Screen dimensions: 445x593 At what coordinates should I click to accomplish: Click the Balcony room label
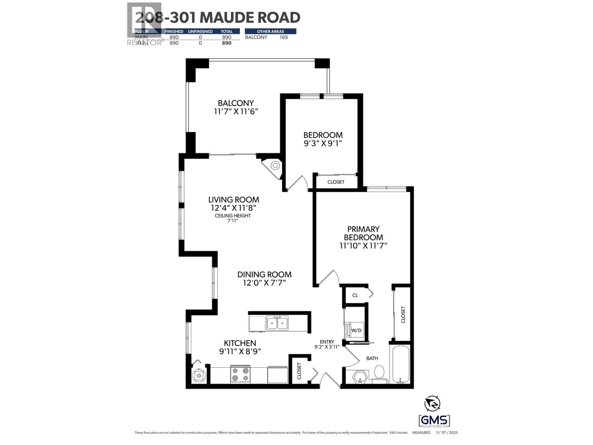pos(236,103)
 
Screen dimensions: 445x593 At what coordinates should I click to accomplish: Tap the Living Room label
pos(233,200)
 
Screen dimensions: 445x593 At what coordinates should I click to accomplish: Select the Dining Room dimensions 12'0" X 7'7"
pos(264,283)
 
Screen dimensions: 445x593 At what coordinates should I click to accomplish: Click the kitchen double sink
pos(277,323)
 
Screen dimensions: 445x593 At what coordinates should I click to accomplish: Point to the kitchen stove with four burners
pos(240,374)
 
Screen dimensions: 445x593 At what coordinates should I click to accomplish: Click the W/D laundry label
pos(356,330)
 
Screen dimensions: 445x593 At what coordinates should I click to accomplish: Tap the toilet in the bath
pos(379,372)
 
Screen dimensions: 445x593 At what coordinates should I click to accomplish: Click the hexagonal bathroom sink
pos(360,377)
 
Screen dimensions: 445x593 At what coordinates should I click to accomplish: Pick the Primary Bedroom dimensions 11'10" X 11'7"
pos(363,245)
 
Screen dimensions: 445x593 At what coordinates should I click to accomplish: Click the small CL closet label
pos(355,296)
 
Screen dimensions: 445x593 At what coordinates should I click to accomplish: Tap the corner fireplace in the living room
pos(274,166)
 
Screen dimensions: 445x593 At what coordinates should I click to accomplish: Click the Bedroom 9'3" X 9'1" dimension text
pos(323,144)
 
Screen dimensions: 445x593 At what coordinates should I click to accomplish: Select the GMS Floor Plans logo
pos(434,422)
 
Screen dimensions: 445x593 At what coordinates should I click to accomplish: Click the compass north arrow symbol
pos(433,403)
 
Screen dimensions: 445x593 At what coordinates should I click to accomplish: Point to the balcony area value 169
pos(284,37)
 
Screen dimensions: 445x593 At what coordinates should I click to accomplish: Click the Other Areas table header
pos(271,32)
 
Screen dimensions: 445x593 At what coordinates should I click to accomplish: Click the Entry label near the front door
pos(327,342)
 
